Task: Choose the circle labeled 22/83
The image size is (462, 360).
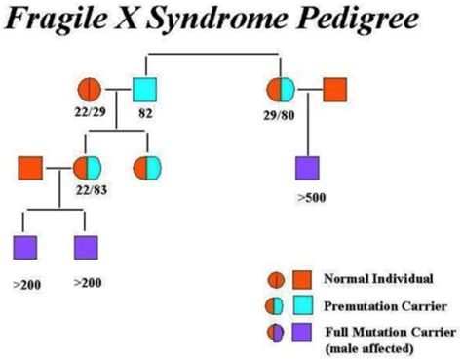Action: tap(87, 168)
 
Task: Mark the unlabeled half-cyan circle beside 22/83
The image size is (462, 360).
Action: tap(149, 168)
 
